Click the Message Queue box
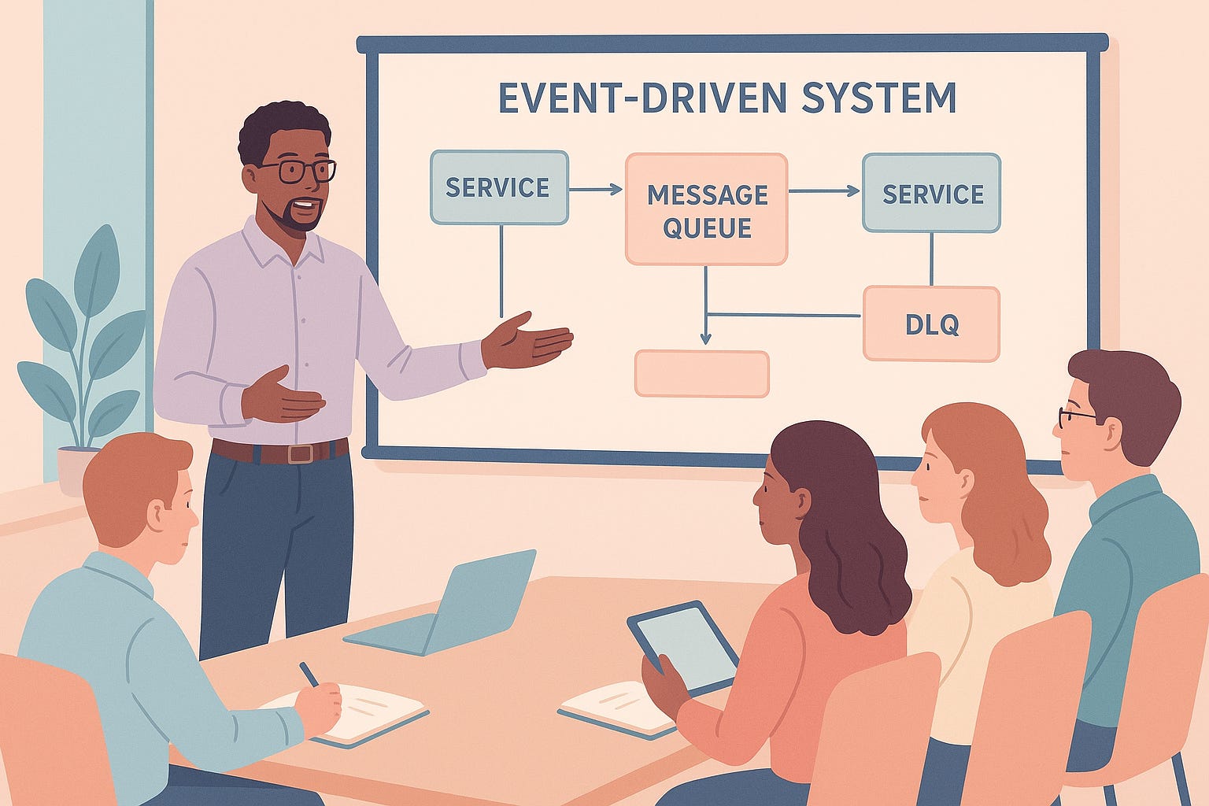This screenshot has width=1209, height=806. point(706,209)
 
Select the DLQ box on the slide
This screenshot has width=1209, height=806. point(931,324)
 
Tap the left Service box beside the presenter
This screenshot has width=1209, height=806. point(498,187)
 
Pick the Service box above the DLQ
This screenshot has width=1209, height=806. point(931,193)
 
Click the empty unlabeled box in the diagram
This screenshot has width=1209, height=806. point(701,373)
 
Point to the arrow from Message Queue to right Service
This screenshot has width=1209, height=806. point(823,190)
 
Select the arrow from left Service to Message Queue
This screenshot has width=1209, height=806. point(595,189)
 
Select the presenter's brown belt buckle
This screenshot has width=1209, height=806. point(300,453)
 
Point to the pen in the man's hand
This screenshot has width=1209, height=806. point(309,675)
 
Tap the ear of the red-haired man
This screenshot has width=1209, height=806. point(165,515)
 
